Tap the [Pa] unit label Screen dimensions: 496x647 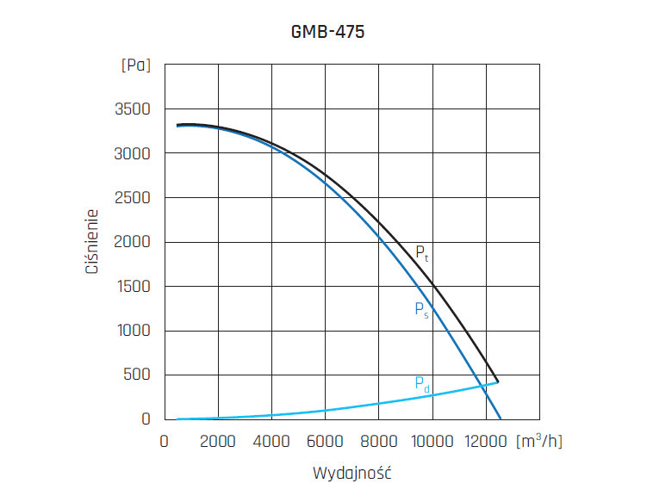[x=135, y=65]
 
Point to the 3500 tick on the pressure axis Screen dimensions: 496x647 [x=132, y=109]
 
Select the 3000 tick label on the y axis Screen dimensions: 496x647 [x=132, y=153]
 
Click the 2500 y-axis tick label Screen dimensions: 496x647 [x=132, y=198]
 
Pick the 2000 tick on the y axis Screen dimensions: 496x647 [x=132, y=242]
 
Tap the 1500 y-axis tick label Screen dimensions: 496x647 [x=132, y=287]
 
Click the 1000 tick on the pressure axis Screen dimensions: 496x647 [x=132, y=331]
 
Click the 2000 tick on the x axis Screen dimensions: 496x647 [x=218, y=441]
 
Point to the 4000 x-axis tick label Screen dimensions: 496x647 [x=271, y=441]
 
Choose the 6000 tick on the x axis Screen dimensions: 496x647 [x=325, y=441]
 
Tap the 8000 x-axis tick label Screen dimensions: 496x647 [x=378, y=441]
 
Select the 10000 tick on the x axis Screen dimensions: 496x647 [x=432, y=441]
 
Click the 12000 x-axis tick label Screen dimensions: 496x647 [x=486, y=441]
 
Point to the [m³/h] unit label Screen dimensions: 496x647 [x=538, y=440]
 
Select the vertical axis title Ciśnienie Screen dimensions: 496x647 [x=92, y=242]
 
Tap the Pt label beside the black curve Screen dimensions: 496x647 [x=421, y=252]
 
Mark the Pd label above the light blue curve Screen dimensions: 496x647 [x=421, y=384]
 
